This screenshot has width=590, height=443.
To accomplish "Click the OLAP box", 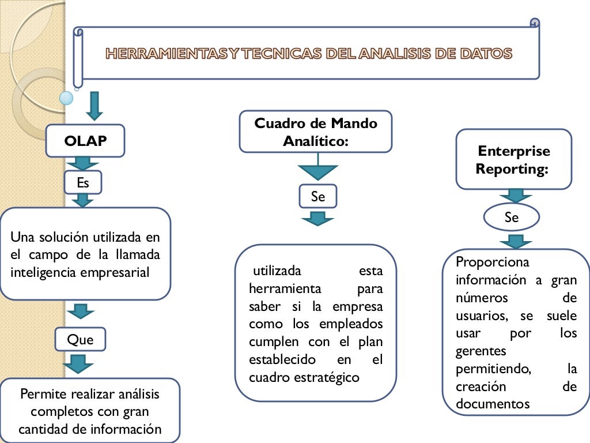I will (x=85, y=141).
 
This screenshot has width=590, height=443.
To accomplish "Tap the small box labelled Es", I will (x=84, y=182).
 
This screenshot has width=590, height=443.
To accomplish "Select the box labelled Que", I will (x=81, y=339).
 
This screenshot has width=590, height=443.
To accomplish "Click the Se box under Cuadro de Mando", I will (x=318, y=197).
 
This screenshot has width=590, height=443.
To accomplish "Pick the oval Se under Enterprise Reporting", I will (x=511, y=217).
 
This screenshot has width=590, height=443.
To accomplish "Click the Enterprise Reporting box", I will (x=513, y=159).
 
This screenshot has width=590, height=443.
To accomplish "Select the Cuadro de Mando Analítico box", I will (x=316, y=132).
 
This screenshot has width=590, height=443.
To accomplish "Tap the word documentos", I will (x=492, y=403).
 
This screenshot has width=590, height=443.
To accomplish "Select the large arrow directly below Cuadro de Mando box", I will (x=317, y=171).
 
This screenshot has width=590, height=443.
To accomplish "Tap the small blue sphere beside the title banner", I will (x=67, y=97).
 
